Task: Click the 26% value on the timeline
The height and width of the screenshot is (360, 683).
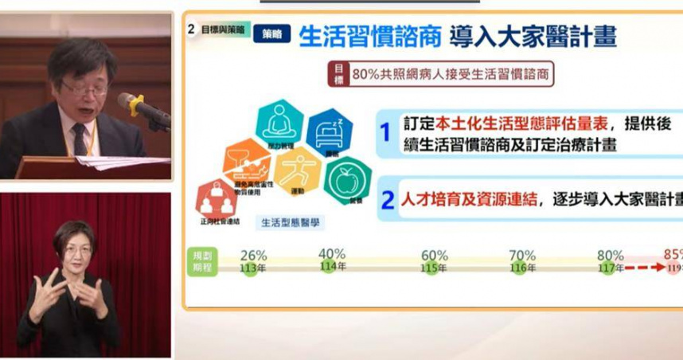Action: tap(253, 256)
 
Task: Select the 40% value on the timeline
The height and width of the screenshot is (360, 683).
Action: tap(331, 254)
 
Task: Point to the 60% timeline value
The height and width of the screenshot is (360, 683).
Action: tap(435, 256)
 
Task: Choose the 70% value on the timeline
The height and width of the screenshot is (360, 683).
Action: tap(522, 256)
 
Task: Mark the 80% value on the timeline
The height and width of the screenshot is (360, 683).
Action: tap(610, 256)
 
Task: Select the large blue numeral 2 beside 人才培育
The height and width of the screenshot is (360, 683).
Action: tap(387, 200)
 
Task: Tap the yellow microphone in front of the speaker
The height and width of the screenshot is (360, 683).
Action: tap(135, 104)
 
